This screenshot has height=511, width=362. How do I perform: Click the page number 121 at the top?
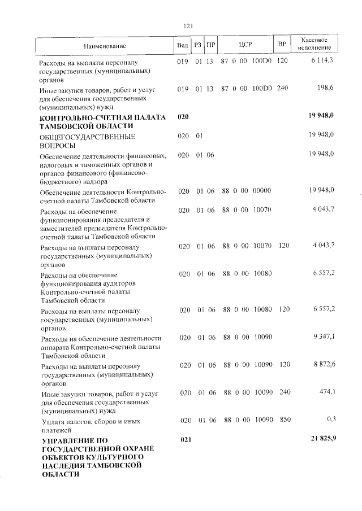tap(188, 25)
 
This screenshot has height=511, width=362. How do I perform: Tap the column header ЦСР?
tap(245, 45)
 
